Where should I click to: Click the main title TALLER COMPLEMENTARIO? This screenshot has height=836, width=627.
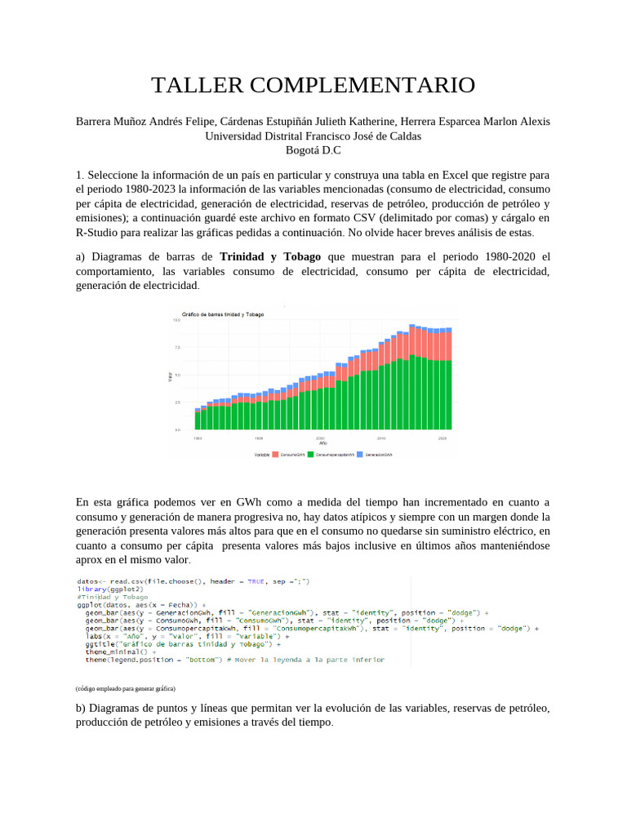313,85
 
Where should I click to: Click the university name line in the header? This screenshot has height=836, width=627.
313,136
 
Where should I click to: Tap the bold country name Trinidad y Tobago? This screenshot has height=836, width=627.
270,256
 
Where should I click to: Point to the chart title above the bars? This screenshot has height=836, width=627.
217,314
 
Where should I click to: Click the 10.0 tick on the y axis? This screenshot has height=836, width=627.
176,321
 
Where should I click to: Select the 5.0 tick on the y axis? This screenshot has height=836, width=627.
176,375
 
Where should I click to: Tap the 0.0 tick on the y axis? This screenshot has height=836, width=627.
176,429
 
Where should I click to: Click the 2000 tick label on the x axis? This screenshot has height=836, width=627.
320,438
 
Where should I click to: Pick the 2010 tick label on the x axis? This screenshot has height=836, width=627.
381,438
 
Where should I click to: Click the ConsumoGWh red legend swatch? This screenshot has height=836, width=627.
275,454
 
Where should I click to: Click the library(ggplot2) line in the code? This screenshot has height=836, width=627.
110,589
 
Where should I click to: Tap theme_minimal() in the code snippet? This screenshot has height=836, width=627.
117,651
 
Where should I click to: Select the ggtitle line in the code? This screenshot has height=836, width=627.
183,643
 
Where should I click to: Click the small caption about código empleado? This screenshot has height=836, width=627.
125,688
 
